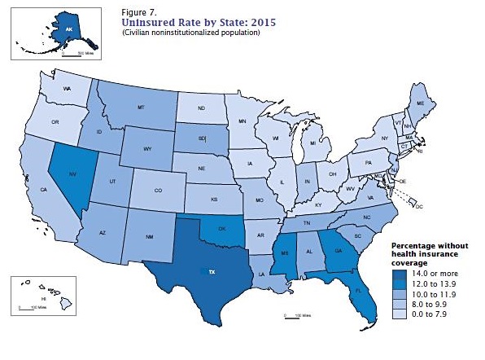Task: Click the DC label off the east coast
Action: point(421,207)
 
